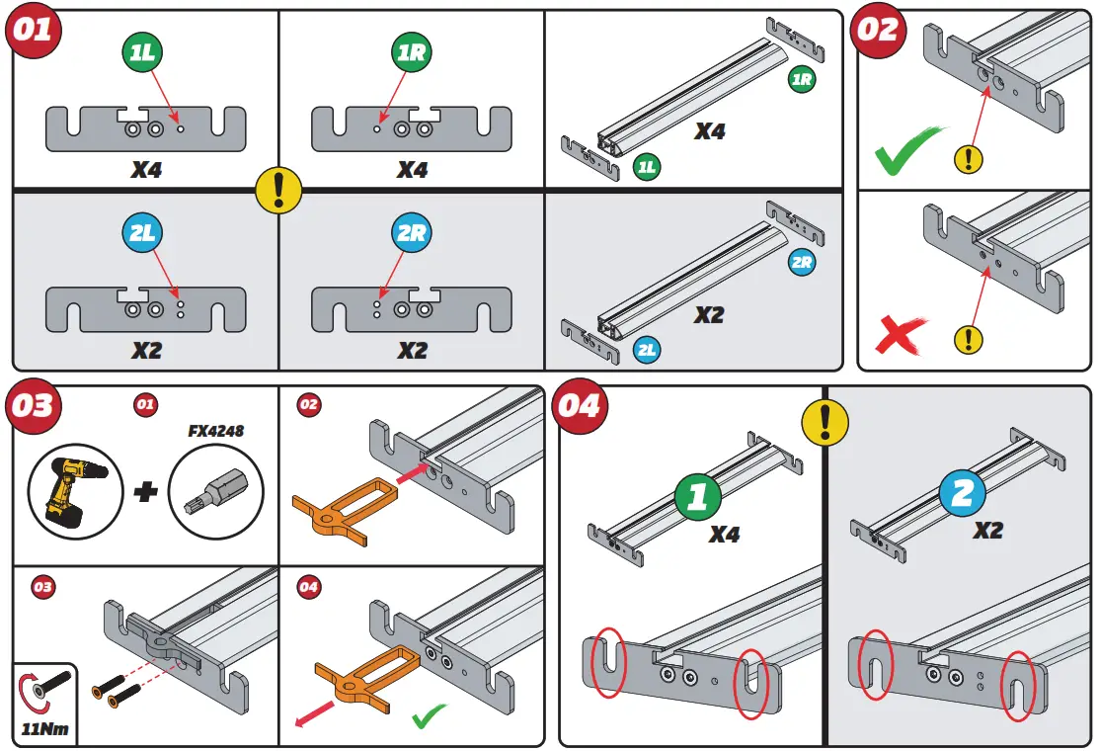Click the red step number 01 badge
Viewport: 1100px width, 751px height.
tap(34, 31)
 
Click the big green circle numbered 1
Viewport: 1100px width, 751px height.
tap(698, 496)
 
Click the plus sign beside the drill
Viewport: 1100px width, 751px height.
tap(145, 491)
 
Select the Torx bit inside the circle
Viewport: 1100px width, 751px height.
tap(216, 491)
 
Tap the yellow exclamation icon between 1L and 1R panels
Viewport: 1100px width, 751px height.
tap(278, 188)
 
